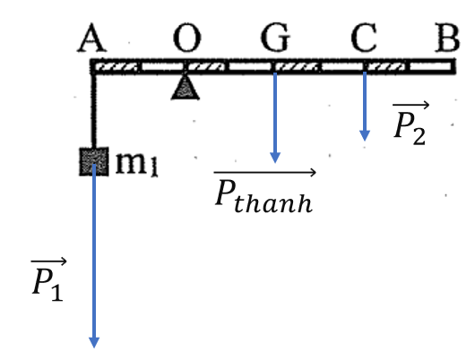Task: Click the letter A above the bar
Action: (92, 38)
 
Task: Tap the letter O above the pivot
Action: (187, 38)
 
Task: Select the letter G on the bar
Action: (276, 38)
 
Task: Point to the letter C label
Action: (364, 38)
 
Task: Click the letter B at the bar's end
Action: (447, 38)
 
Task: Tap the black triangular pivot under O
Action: (186, 88)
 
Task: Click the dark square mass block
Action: (94, 161)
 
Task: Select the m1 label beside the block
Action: (137, 164)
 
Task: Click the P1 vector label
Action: (48, 280)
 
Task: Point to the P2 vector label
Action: (410, 124)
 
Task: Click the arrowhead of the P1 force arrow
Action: (94, 343)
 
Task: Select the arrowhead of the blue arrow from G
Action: (275, 158)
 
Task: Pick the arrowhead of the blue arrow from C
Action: (365, 136)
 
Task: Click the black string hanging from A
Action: (93, 111)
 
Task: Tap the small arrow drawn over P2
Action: (410, 105)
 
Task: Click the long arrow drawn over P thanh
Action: (265, 172)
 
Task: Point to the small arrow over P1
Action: (48, 261)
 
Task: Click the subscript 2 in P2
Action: (419, 136)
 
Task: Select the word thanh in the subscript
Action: (273, 202)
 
